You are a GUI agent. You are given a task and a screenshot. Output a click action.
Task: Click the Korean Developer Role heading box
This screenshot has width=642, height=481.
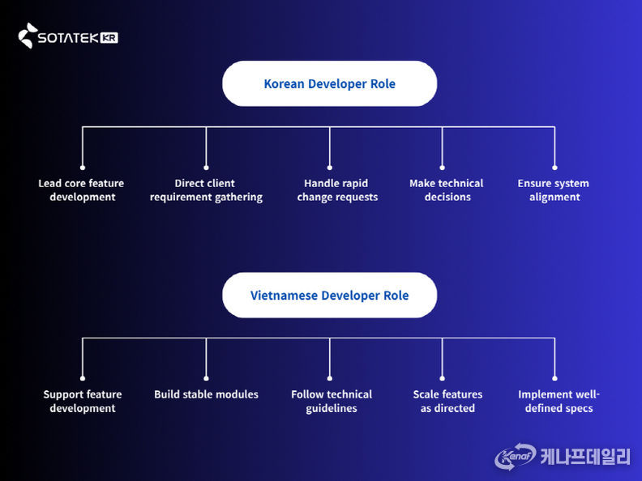pos(329,83)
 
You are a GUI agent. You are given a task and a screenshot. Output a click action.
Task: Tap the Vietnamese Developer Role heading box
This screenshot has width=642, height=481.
pos(329,296)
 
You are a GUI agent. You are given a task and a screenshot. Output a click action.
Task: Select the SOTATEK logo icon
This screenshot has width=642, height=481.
pos(28,36)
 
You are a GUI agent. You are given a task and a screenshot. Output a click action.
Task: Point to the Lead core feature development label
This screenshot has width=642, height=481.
pos(82,190)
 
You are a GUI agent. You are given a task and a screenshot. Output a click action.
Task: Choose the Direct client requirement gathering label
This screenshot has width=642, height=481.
pos(206,190)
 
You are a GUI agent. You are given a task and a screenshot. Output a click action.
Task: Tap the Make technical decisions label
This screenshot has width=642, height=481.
pos(447,190)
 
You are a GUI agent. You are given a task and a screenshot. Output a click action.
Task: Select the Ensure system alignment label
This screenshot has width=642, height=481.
pos(554,190)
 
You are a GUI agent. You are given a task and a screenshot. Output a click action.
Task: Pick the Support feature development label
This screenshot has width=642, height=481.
pos(83,402)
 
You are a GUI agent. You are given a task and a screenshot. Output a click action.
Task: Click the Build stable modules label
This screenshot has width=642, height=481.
pos(206,394)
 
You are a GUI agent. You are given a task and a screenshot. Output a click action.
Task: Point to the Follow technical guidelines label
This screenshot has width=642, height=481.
pos(332,402)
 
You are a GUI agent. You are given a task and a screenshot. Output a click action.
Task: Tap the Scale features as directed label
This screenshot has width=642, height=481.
pos(447,402)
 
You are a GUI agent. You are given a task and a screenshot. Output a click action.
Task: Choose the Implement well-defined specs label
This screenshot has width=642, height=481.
pos(559,402)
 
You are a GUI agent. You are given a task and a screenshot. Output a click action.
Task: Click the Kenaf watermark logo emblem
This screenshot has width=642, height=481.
pos(516,457)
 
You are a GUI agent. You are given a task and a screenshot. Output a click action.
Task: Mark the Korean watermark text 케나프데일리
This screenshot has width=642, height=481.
pos(584,457)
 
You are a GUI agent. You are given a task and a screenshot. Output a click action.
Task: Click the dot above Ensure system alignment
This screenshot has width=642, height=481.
pos(555,166)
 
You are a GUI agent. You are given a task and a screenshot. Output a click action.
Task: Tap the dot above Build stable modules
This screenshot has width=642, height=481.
pos(206,377)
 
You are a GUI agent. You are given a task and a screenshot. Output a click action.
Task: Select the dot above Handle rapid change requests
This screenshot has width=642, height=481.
pos(330,166)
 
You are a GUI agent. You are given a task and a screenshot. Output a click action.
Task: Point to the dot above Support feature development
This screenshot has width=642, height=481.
pos(83,377)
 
